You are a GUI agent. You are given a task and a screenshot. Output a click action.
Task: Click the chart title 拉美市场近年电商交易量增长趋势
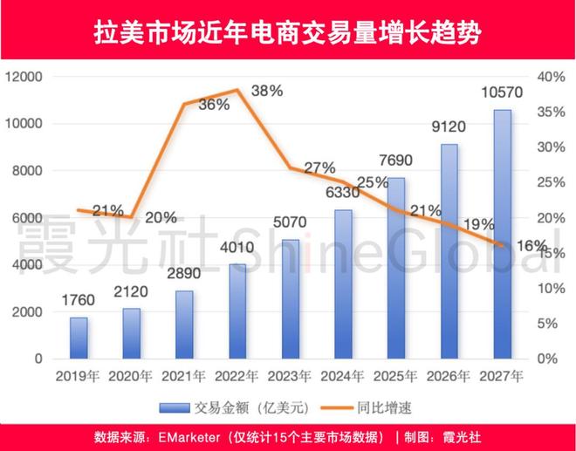click(x=287, y=32)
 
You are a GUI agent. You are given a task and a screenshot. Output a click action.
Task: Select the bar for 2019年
click(x=79, y=338)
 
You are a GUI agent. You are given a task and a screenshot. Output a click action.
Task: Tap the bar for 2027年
click(x=502, y=234)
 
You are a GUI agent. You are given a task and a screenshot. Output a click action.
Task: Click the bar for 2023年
click(x=290, y=298)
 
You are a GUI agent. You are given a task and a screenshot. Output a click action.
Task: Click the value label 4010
click(x=237, y=248)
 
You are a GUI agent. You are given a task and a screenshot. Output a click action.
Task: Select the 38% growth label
click(x=266, y=91)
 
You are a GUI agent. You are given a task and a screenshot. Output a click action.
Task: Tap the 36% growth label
click(x=213, y=104)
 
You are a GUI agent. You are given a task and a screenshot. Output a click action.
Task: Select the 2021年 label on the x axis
click(x=184, y=377)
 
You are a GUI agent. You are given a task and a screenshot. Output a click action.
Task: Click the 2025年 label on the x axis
click(x=396, y=377)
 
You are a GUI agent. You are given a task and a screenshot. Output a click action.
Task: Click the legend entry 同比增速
click(x=364, y=407)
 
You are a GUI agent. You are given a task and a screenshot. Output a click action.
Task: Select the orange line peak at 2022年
click(x=237, y=90)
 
